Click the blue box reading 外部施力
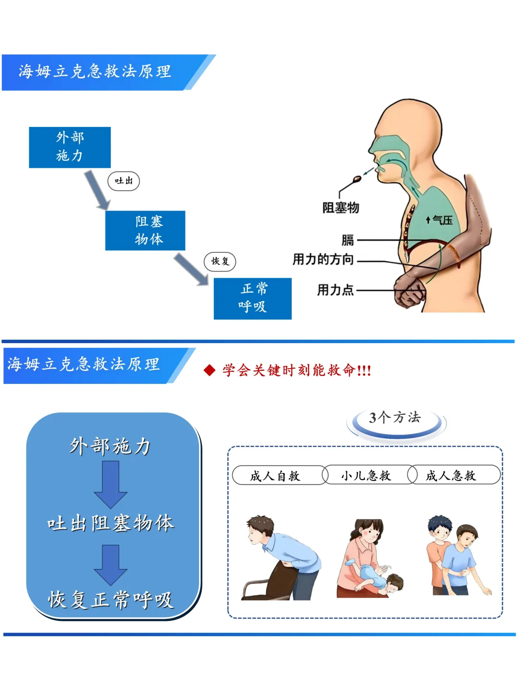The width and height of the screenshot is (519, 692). pyautogui.click(x=70, y=147)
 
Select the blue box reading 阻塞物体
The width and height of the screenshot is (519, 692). pyautogui.click(x=145, y=231)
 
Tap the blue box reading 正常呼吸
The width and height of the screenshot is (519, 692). pyautogui.click(x=252, y=298)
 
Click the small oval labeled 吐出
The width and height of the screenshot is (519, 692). pyautogui.click(x=124, y=181)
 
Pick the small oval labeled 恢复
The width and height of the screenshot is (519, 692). pyautogui.click(x=220, y=261)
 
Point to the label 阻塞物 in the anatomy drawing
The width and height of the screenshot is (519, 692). pyautogui.click(x=341, y=208)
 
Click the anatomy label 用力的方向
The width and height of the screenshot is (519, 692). pyautogui.click(x=323, y=259)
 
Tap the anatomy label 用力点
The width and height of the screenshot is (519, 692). pyautogui.click(x=335, y=290)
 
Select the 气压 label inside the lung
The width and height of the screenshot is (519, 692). pyautogui.click(x=440, y=220)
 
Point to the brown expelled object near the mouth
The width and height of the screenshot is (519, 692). pyautogui.click(x=357, y=179)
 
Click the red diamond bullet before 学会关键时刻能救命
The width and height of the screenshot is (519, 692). pyautogui.click(x=209, y=371)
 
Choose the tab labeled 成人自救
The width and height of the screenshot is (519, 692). pyautogui.click(x=275, y=476)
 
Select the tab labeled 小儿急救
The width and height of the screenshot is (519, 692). pyautogui.click(x=366, y=476)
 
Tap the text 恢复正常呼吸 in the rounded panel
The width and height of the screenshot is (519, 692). pyautogui.click(x=111, y=600)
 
